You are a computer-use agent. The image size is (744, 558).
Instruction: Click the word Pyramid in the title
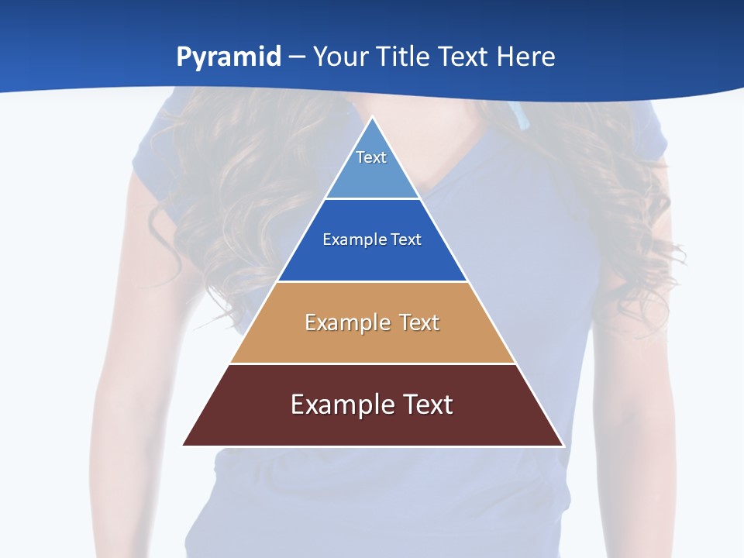(229, 57)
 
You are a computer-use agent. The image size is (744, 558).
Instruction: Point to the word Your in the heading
(339, 57)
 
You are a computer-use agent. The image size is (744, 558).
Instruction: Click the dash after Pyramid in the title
(297, 57)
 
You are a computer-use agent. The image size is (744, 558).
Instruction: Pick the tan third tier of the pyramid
(373, 341)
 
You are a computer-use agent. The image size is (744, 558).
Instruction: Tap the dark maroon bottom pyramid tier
(373, 426)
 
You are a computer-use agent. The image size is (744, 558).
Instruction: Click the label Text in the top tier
(371, 157)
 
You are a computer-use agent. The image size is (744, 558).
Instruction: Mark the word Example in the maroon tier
(341, 405)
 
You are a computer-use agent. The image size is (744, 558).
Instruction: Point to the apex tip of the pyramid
(373, 118)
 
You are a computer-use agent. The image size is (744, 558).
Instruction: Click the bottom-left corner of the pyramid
(184, 445)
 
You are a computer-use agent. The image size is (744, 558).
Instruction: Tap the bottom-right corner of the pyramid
(562, 445)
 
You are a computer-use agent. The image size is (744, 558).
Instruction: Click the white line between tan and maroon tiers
(373, 363)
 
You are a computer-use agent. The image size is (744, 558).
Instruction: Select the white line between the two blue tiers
(373, 199)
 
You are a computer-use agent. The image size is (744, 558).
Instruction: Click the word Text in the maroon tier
(425, 405)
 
